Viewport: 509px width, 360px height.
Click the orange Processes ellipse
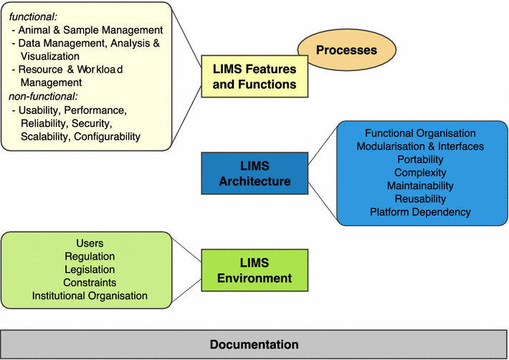pyautogui.click(x=346, y=50)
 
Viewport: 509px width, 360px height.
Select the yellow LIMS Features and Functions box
pyautogui.click(x=254, y=77)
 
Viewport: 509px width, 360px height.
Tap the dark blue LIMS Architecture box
pyautogui.click(x=255, y=174)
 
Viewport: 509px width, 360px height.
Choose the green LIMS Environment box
pyautogui.click(x=255, y=271)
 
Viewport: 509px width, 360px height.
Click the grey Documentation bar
pyautogui.click(x=254, y=344)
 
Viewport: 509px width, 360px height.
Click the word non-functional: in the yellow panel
pyautogui.click(x=44, y=97)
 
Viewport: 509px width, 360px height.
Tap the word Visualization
pyautogui.click(x=60, y=56)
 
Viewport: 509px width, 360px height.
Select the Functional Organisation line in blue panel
pyautogui.click(x=420, y=133)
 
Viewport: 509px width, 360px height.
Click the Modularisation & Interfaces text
pyautogui.click(x=420, y=146)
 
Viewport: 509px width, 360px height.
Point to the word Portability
pyautogui.click(x=420, y=159)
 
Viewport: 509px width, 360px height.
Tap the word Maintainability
pyautogui.click(x=420, y=186)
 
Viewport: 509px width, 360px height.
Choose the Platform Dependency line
pyautogui.click(x=420, y=212)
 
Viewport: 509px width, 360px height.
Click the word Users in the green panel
pyautogui.click(x=90, y=244)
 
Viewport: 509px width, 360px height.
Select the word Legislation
pyautogui.click(x=90, y=270)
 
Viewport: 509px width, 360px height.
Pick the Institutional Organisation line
pyautogui.click(x=90, y=295)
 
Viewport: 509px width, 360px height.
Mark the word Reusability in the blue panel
pyautogui.click(x=420, y=199)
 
